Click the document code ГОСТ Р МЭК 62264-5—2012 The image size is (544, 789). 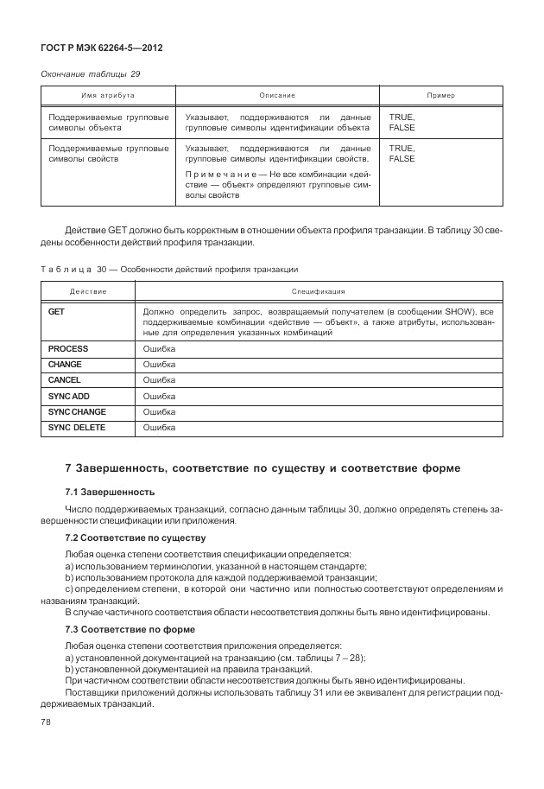point(102,48)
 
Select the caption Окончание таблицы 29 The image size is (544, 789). point(91,74)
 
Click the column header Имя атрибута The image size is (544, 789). point(108,94)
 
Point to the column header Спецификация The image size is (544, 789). point(318,292)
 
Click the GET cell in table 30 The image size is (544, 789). point(56,310)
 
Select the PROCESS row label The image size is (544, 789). point(68,349)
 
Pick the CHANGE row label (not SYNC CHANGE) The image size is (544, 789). point(65,365)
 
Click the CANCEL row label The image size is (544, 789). point(65,380)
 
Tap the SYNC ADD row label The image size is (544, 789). point(69,396)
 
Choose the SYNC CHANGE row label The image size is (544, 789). point(77,411)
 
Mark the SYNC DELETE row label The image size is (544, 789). point(76,427)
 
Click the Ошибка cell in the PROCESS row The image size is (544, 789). point(159,349)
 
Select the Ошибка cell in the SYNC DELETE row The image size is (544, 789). point(159,427)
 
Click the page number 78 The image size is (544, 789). point(47,722)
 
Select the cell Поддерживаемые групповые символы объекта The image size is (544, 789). point(108,122)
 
